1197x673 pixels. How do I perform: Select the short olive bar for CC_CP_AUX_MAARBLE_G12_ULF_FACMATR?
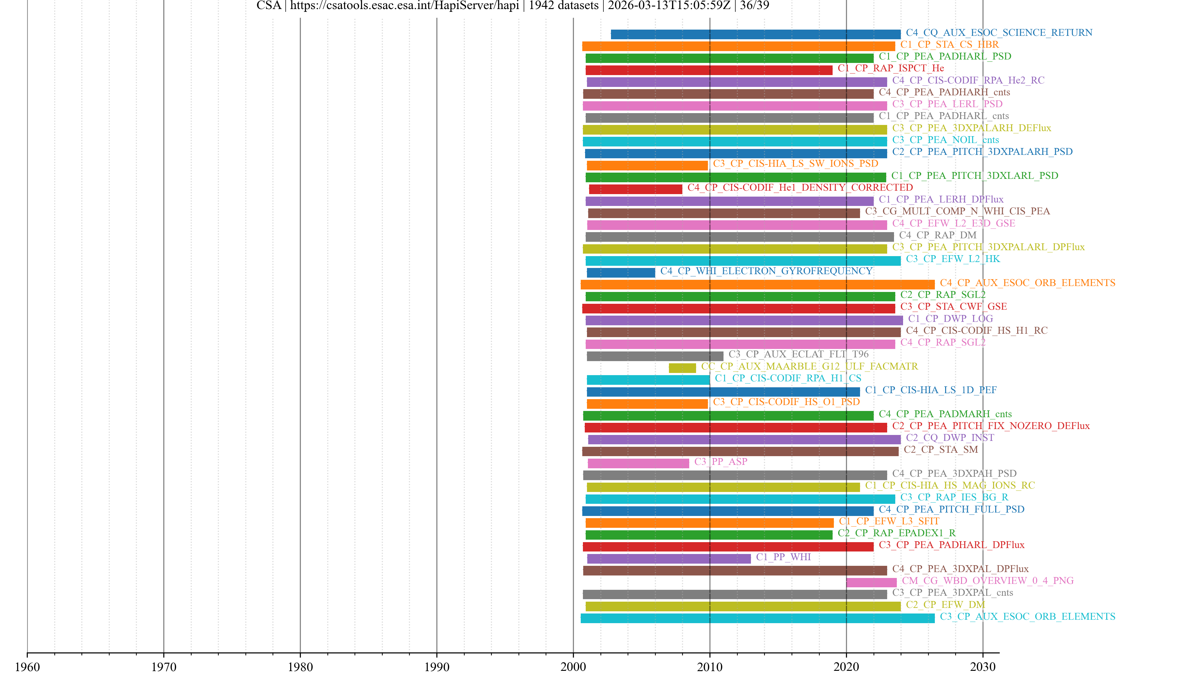coord(682,368)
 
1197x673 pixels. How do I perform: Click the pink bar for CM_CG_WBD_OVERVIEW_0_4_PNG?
coord(871,582)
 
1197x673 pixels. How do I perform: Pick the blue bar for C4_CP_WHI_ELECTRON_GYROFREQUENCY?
coord(621,273)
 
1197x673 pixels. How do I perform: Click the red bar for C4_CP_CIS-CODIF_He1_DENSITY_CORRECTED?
coord(635,189)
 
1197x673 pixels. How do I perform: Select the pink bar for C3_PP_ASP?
coord(638,463)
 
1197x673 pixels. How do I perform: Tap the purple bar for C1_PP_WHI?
coord(669,559)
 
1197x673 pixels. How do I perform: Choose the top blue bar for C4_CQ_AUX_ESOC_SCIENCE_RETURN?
coord(756,34)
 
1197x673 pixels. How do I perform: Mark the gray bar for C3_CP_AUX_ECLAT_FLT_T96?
coord(655,356)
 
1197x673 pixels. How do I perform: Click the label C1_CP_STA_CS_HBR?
coord(949,45)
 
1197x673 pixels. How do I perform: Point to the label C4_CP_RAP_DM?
coord(938,235)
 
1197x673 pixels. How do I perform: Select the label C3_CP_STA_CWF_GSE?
coord(954,307)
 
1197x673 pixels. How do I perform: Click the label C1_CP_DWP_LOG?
coord(950,319)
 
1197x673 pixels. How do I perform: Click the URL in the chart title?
coord(404,6)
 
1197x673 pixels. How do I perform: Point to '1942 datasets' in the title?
coord(563,6)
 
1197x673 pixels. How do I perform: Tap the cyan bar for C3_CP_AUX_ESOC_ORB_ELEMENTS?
coord(757,618)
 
